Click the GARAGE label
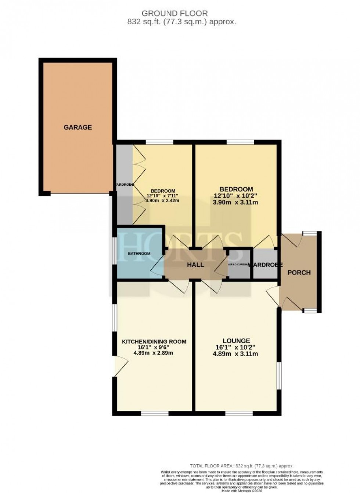[x=78, y=127]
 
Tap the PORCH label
[x=299, y=272]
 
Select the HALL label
[x=195, y=265]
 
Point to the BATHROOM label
[x=139, y=254]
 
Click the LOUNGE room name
[x=235, y=341]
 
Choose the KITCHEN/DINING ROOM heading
[x=154, y=341]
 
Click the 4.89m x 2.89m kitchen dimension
[x=154, y=353]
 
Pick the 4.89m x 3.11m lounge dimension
[x=235, y=354]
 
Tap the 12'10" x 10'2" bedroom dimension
[x=236, y=196]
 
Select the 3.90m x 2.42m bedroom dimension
[x=162, y=201]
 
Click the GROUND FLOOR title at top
[x=174, y=13]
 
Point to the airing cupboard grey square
[x=239, y=265]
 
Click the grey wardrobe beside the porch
[x=265, y=264]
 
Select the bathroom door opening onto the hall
[x=157, y=265]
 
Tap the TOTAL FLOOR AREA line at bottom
[x=241, y=465]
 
